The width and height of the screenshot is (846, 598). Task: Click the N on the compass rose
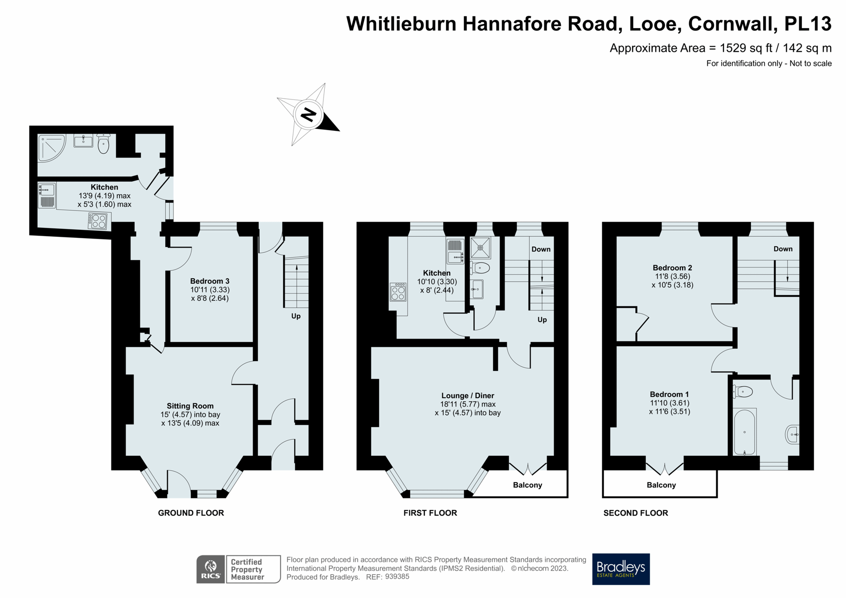[x=308, y=114]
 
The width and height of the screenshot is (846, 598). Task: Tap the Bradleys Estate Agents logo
[x=620, y=568]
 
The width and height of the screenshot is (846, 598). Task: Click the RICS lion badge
[x=211, y=569]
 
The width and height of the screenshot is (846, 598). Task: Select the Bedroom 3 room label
[x=209, y=281]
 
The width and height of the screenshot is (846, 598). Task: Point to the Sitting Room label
[x=190, y=406]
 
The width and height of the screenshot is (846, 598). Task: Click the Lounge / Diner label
[x=468, y=395]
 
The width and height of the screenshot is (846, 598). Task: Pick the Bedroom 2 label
[x=672, y=268]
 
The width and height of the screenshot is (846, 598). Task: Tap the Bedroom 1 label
[x=669, y=394]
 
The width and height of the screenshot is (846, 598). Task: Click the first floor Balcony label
[x=527, y=485]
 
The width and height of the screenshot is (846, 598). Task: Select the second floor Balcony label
[x=661, y=485]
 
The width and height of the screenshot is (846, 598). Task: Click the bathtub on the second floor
[x=744, y=432]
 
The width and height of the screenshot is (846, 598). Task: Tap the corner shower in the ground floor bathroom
[x=51, y=147]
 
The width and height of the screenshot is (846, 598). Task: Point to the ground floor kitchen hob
[x=97, y=221]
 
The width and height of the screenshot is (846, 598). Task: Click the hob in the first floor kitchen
[x=398, y=292]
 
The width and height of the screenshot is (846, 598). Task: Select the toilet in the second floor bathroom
[x=743, y=391]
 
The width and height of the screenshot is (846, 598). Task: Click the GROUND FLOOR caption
[x=191, y=513]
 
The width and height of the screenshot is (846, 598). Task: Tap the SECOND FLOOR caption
[x=635, y=513]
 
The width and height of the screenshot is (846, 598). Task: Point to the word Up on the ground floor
[x=296, y=316]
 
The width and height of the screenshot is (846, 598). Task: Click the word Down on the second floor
[x=783, y=249]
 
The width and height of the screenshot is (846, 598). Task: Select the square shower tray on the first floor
[x=480, y=247]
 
